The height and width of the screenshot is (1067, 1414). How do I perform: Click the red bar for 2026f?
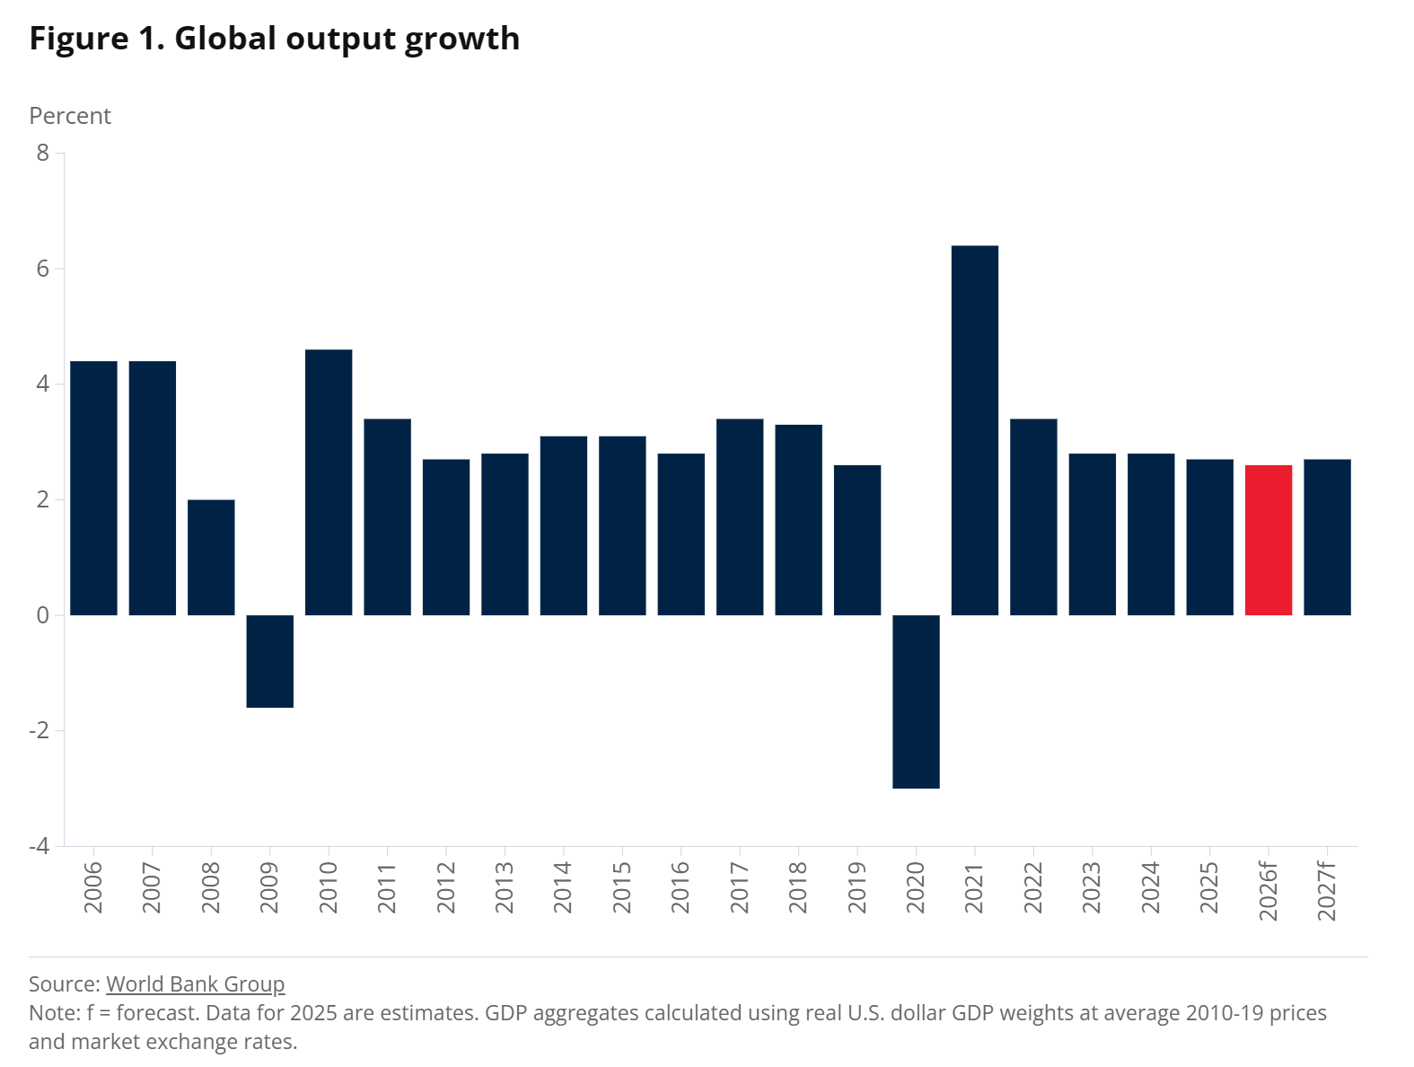tap(1268, 540)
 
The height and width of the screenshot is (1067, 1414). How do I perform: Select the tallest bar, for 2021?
tap(974, 430)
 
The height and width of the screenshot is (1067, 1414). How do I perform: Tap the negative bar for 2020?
tap(916, 701)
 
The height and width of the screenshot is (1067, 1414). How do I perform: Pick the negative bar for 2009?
tap(269, 661)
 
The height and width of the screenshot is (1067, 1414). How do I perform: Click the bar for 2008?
tap(211, 557)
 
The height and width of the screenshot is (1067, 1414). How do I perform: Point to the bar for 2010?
tap(329, 482)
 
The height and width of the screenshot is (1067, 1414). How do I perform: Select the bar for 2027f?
tap(1327, 537)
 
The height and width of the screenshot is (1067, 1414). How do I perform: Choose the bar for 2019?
tap(857, 540)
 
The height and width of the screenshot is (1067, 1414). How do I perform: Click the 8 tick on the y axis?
tap(43, 153)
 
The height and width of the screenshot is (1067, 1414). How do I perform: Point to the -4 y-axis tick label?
tap(40, 846)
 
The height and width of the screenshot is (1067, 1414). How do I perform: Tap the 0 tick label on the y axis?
tap(43, 615)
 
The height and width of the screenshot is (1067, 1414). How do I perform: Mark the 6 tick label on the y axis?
tap(43, 269)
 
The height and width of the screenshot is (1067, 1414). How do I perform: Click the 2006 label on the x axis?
tap(93, 887)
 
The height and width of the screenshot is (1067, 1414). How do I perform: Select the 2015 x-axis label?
tap(622, 887)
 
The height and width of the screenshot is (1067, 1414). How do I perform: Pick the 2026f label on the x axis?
tap(1268, 891)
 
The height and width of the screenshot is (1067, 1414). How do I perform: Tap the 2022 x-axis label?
tap(1033, 887)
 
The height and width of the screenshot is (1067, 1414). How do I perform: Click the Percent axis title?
tap(70, 116)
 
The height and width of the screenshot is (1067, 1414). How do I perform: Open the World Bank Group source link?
tap(195, 984)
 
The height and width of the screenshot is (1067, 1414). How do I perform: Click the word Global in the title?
tap(224, 39)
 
